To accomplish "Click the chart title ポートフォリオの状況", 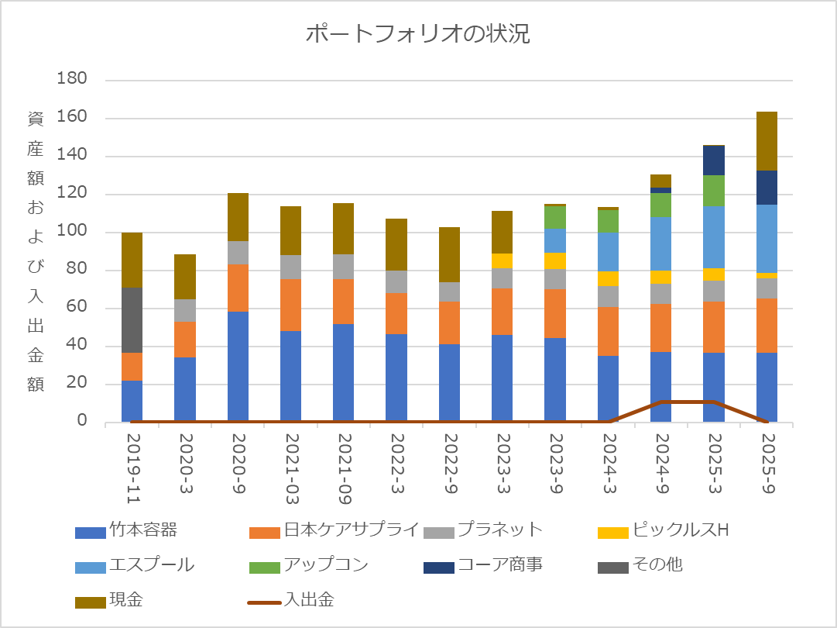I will (x=417, y=34).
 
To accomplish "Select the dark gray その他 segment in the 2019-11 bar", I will (x=132, y=320).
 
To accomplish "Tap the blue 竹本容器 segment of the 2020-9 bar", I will (x=238, y=366).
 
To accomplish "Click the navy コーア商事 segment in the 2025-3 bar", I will (x=713, y=160).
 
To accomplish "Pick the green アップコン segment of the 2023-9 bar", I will (x=554, y=217).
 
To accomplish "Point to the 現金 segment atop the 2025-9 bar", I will (x=766, y=140).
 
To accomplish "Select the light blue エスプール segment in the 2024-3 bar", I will (x=608, y=251).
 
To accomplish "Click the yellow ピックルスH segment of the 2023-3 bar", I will (x=502, y=261).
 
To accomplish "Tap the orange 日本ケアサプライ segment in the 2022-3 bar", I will (x=396, y=313).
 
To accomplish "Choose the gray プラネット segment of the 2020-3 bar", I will (x=185, y=310).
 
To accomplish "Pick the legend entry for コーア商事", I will (x=489, y=565).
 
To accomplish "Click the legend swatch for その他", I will (x=612, y=567).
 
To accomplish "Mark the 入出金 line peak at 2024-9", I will (x=660, y=402).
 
